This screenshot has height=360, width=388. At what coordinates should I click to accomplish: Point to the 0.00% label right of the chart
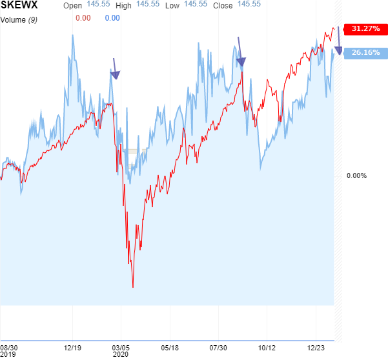point(356,175)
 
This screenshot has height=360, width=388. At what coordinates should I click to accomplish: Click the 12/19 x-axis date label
point(72,347)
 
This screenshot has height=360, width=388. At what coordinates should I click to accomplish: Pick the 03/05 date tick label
point(121,347)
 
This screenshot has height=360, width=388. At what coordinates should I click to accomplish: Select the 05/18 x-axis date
point(170,347)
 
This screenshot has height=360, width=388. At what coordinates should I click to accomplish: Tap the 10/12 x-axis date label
point(267,347)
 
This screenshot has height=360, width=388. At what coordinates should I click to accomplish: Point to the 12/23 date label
point(316,347)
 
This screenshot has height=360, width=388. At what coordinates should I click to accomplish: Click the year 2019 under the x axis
point(8,354)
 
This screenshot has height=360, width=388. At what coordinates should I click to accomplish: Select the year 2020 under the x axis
point(120,354)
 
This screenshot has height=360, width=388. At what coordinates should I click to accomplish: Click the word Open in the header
point(73,5)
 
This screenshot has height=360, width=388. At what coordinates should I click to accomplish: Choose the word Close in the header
point(223,5)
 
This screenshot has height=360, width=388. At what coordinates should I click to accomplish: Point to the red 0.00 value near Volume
point(83,18)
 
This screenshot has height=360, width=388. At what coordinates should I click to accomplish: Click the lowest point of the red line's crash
point(133,286)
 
